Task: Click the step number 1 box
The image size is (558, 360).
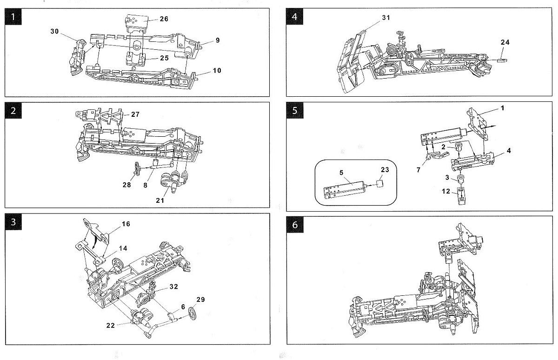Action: click(15, 18)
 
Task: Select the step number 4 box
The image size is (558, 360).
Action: click(295, 18)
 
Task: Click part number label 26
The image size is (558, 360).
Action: click(164, 19)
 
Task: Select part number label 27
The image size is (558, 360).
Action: click(135, 114)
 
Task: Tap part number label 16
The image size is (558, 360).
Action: click(126, 224)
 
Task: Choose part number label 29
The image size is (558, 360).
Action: click(200, 299)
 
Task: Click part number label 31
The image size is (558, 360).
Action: click(385, 17)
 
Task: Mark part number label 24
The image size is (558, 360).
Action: click(505, 42)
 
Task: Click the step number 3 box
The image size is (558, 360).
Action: click(15, 222)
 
